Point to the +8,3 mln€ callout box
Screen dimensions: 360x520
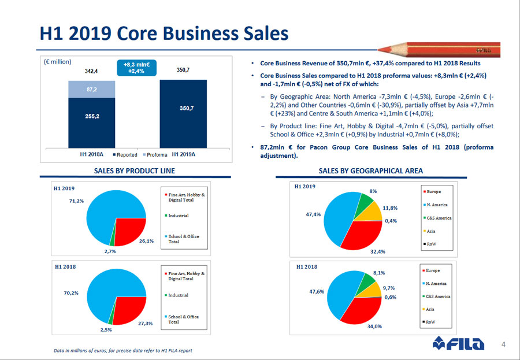pos(137,68)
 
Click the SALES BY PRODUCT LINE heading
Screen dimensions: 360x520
pos(134,170)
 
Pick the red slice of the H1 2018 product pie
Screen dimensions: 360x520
pos(129,309)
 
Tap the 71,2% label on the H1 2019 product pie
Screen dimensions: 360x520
pos(77,201)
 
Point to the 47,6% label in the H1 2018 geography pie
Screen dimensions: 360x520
pos(316,292)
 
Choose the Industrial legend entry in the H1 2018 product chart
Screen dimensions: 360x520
pos(179,295)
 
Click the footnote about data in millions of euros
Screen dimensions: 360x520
pos(122,350)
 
